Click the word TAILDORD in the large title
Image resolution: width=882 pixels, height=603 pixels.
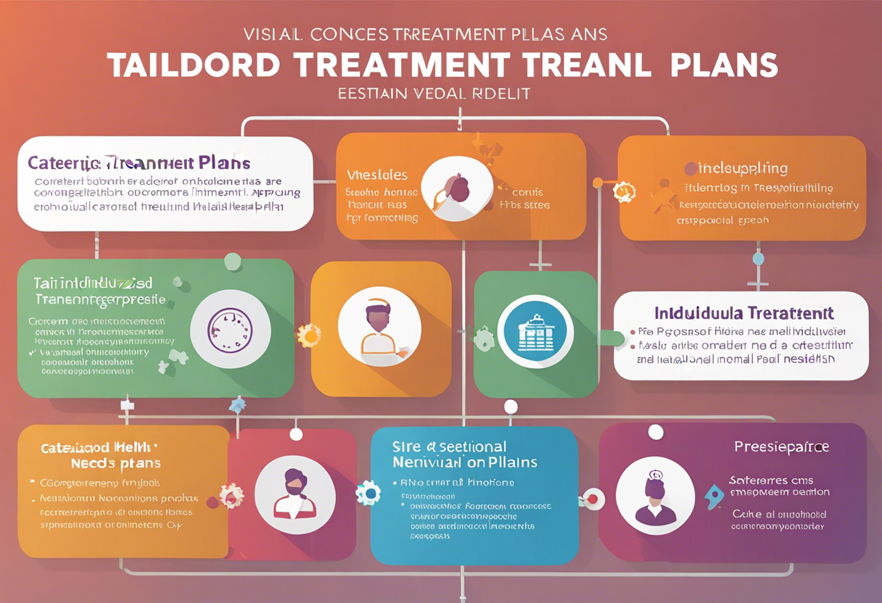pos(194,65)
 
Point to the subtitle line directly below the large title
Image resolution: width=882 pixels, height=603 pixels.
pos(434,93)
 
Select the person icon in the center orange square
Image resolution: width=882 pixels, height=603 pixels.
pos(379,326)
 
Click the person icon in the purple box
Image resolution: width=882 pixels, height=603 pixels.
pos(655,496)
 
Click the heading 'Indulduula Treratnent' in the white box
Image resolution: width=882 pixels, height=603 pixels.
pos(743,314)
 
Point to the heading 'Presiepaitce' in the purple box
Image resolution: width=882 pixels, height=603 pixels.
pos(781,446)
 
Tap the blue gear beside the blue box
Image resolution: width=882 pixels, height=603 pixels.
pos(368,493)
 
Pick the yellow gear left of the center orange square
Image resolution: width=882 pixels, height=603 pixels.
pos(309,336)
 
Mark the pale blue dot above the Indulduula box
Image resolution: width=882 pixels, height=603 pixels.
pos(758,259)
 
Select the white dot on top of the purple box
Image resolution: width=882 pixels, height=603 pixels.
pos(656,433)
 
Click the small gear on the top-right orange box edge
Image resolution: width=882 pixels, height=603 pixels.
pos(623,191)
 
